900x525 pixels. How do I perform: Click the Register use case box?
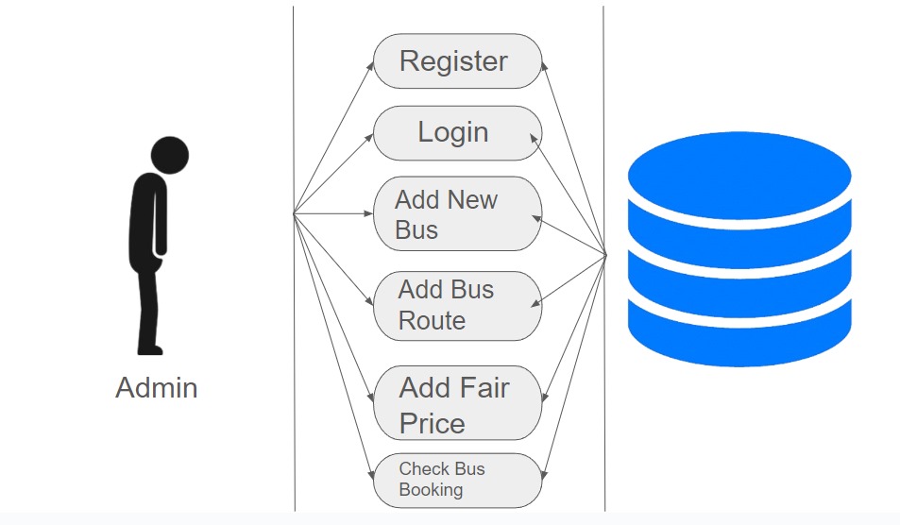(x=457, y=60)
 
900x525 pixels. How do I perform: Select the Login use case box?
(x=457, y=133)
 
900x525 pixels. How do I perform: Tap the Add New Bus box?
(x=457, y=213)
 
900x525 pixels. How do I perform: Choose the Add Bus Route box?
(x=457, y=306)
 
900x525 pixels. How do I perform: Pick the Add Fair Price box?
(x=457, y=403)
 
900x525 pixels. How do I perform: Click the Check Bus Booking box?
(x=457, y=481)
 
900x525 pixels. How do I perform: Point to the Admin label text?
(x=157, y=388)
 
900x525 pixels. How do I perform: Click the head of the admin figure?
(x=170, y=155)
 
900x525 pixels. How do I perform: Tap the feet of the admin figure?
(x=150, y=348)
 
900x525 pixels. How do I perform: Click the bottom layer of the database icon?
(x=739, y=334)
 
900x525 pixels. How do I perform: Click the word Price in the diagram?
(x=433, y=424)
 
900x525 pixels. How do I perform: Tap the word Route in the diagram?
(x=432, y=321)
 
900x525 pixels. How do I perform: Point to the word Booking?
(x=431, y=490)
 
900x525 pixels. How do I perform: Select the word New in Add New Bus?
(x=472, y=199)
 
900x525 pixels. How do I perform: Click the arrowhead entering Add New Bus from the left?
(x=368, y=213)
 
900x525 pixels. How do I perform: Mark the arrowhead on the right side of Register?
(x=544, y=66)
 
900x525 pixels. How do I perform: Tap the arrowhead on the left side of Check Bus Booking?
(x=371, y=474)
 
